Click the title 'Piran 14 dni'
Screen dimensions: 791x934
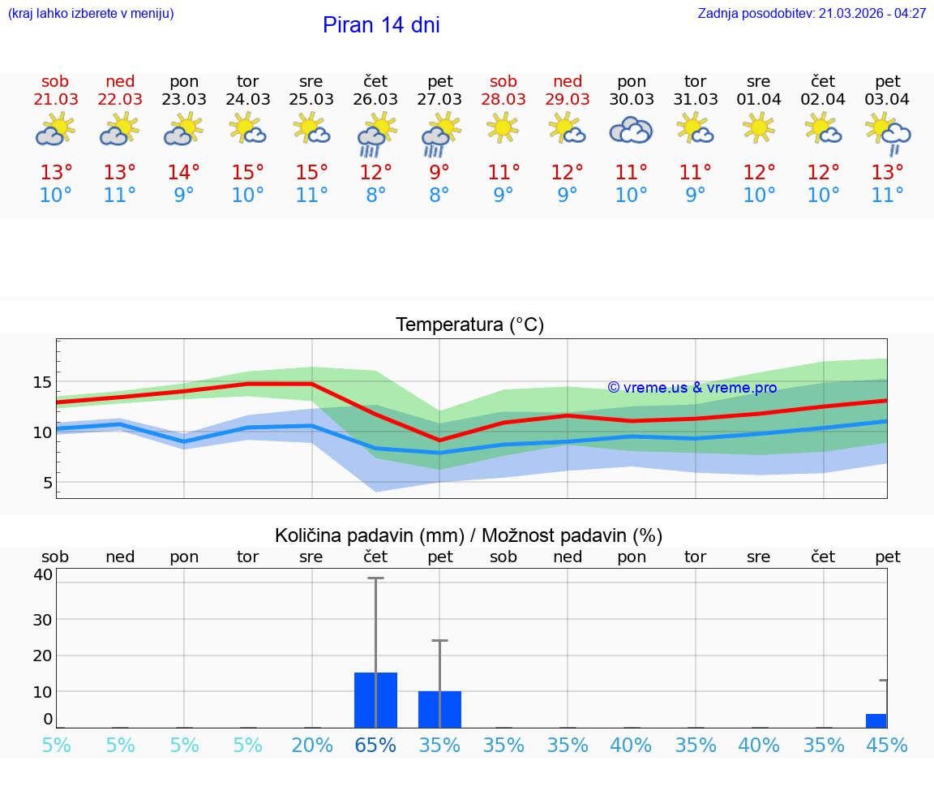click(x=381, y=25)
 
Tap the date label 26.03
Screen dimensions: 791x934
click(x=375, y=99)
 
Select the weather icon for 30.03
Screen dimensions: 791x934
click(x=631, y=130)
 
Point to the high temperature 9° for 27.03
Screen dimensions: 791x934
click(x=439, y=173)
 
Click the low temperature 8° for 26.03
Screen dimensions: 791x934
click(x=375, y=196)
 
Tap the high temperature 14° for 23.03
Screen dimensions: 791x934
click(x=184, y=173)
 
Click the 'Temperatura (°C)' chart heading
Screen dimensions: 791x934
click(x=469, y=325)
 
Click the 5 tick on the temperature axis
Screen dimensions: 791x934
click(x=47, y=483)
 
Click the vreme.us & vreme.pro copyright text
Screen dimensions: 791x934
click(x=692, y=388)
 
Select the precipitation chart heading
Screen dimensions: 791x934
click(x=469, y=535)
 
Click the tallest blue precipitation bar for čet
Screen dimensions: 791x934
click(x=375, y=699)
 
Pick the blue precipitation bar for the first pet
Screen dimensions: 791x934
click(x=439, y=709)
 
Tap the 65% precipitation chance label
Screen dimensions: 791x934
click(x=375, y=745)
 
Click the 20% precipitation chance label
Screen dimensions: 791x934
click(x=312, y=745)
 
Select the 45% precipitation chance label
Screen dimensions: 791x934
click(x=887, y=745)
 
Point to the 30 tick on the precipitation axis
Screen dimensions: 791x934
click(x=42, y=619)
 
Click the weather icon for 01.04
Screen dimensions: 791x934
click(x=759, y=127)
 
